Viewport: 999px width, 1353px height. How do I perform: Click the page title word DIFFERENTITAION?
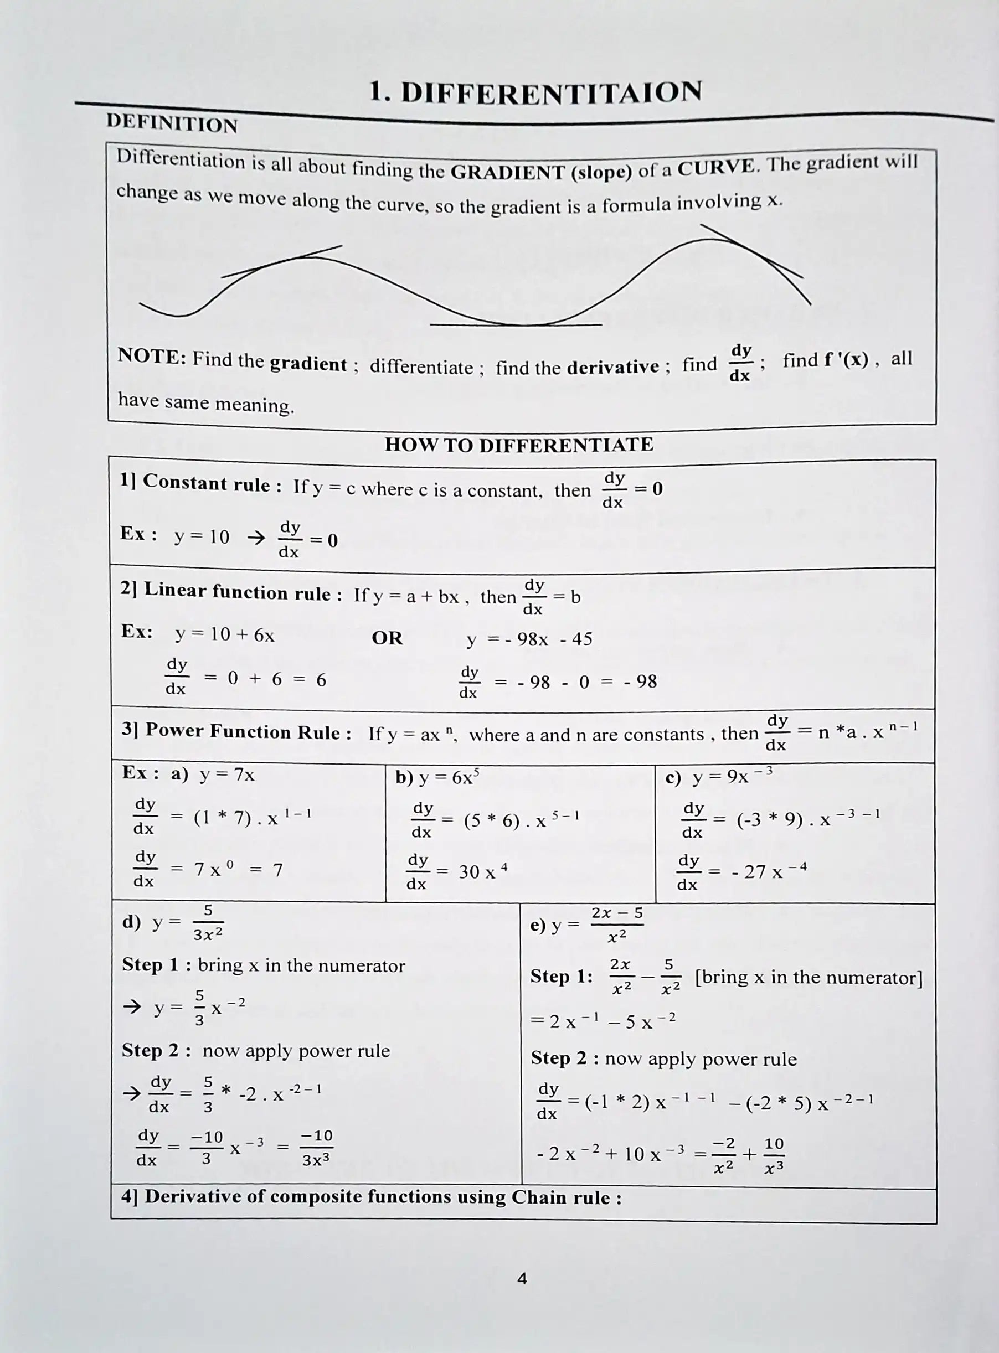550,93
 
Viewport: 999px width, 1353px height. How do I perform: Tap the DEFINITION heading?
172,123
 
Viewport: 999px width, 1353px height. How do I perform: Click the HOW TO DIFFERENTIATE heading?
519,445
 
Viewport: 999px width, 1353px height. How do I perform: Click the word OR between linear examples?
387,638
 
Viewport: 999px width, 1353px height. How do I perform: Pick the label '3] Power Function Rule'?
236,731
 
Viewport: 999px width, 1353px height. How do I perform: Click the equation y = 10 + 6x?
225,634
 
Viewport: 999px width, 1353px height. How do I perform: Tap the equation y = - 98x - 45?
529,639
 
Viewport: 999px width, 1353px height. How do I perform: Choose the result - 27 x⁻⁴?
769,871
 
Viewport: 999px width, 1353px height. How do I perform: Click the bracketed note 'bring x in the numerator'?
809,978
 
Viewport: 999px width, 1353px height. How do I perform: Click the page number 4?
522,1279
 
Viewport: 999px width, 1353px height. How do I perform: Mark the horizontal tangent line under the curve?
516,324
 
